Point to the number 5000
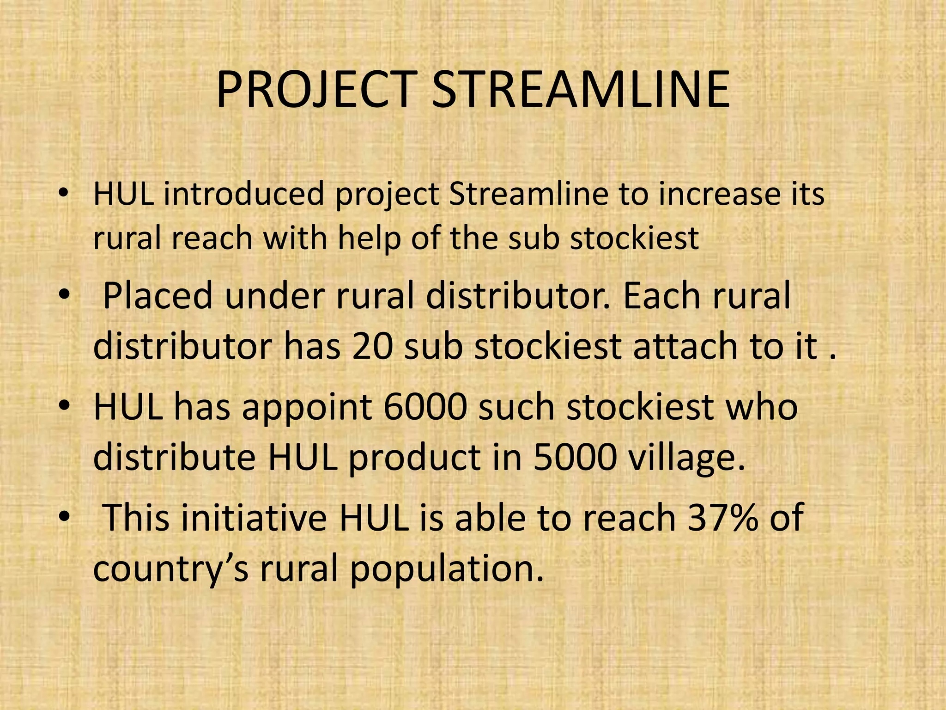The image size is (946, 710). [x=575, y=458]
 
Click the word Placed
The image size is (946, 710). [x=157, y=296]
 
